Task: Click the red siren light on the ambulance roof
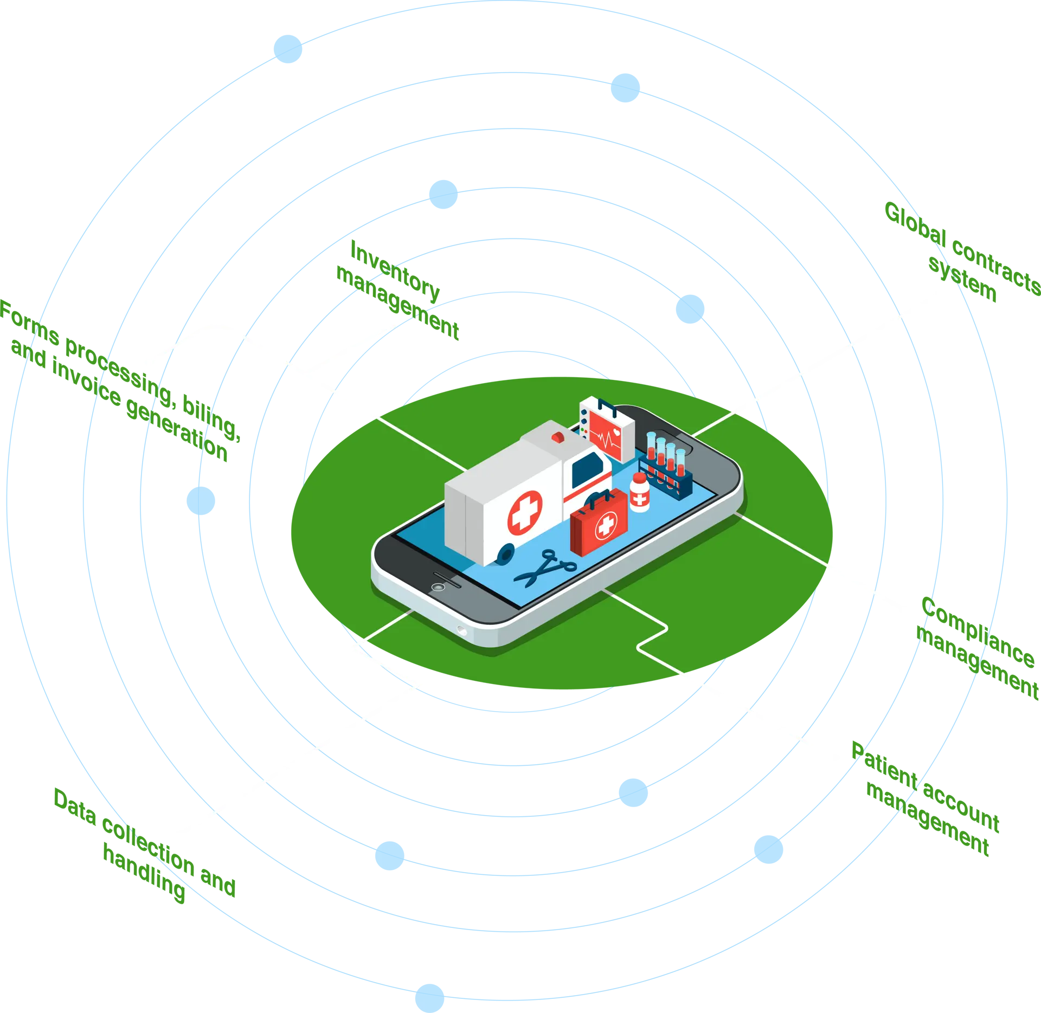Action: [x=557, y=436]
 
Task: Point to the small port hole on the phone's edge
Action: [x=461, y=630]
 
